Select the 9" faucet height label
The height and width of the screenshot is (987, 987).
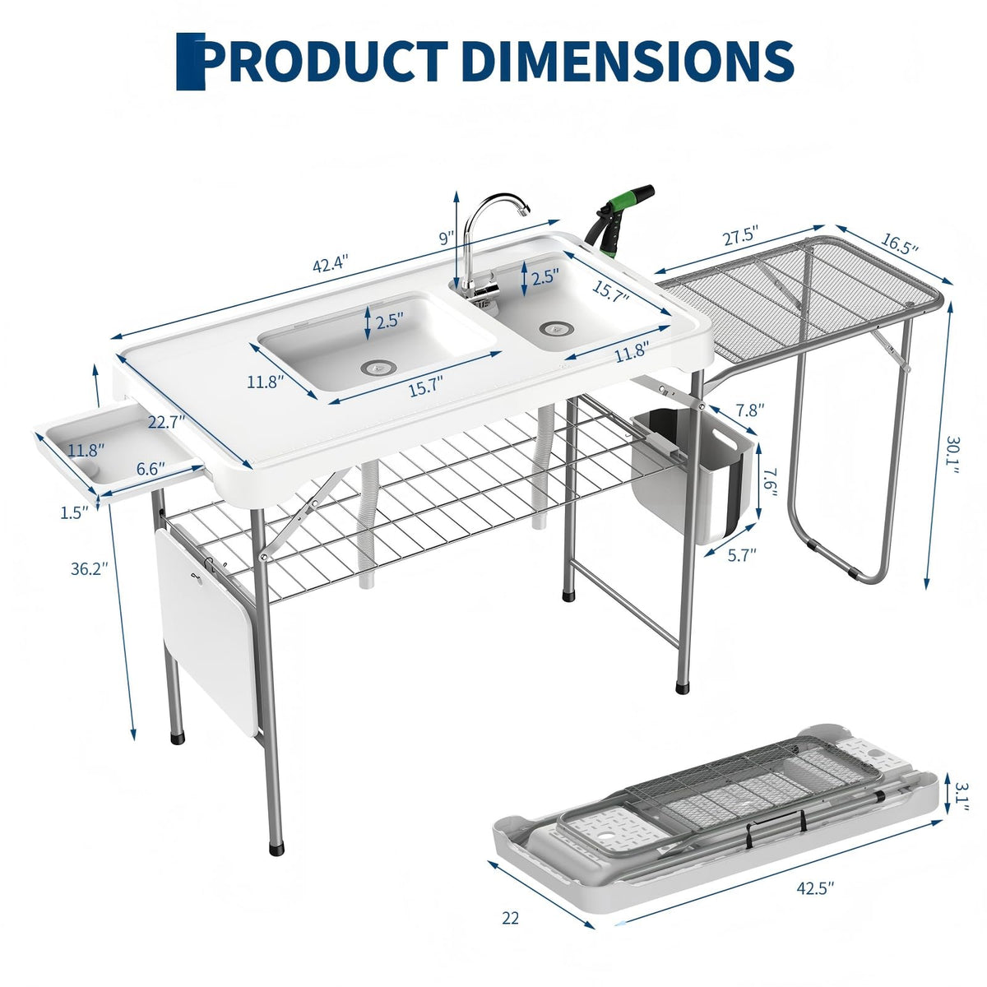coord(447,238)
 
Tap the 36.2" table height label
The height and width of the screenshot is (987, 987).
coord(90,568)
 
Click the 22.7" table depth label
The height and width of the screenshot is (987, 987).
coord(166,422)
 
